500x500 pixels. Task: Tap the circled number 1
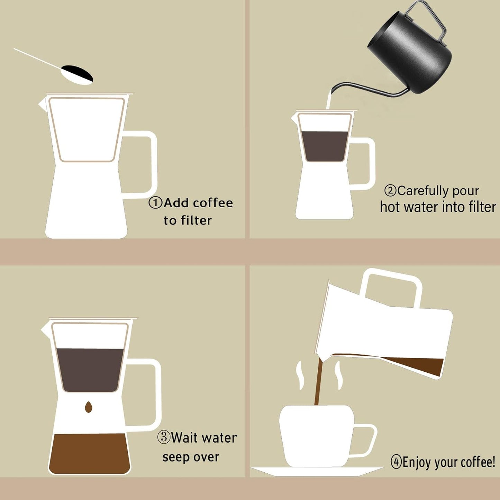pos(155,203)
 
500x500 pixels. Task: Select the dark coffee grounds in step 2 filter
pos(325,146)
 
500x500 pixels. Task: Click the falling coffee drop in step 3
pos(89,407)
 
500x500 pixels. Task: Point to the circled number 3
pos(164,438)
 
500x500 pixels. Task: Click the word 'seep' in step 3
pos(175,458)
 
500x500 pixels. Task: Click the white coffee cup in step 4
pos(317,436)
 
